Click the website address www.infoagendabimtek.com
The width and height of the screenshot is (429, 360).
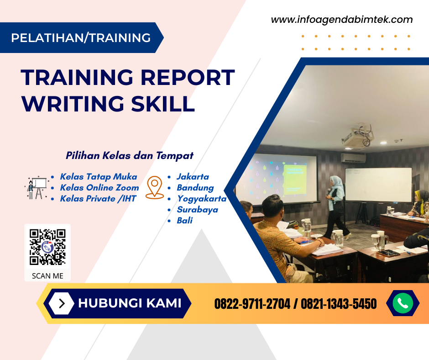[x=341, y=20]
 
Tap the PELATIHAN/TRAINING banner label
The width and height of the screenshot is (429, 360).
[x=81, y=37]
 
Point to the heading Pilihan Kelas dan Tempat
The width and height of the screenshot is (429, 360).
[x=130, y=155]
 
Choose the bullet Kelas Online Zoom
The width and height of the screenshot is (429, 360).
[x=99, y=188]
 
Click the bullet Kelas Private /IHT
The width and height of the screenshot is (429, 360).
[x=98, y=199]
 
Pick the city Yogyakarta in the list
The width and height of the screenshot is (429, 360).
[x=202, y=199]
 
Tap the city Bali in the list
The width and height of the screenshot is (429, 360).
[x=185, y=221]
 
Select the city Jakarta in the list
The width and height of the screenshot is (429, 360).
[x=193, y=177]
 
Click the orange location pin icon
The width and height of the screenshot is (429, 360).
[x=155, y=188]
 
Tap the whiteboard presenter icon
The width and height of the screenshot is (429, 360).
[x=35, y=188]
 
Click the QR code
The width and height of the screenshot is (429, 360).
[x=47, y=247]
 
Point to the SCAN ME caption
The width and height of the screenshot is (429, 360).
[x=47, y=276]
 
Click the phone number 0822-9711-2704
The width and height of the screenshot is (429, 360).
[x=252, y=304]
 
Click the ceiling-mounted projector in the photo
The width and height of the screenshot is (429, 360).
[x=358, y=137]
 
